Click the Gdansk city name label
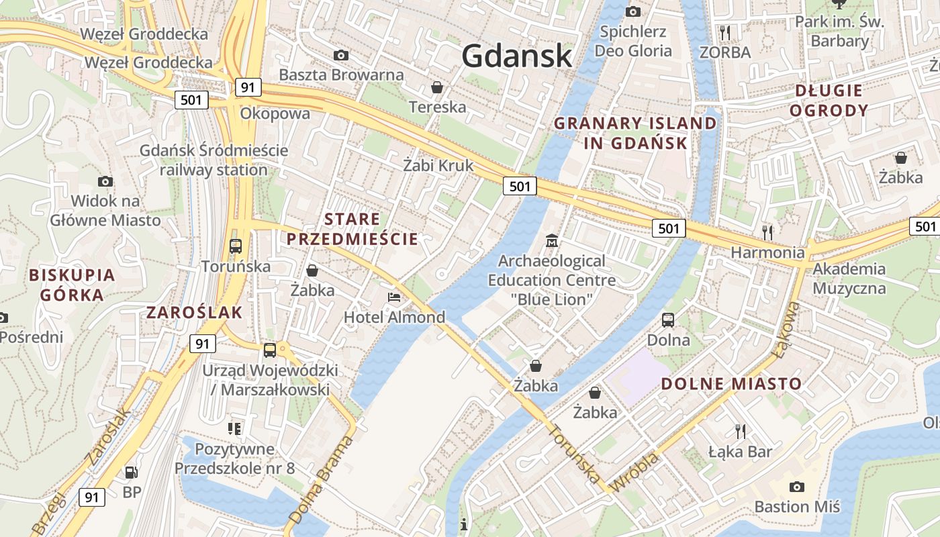[517, 56]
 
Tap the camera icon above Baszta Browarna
[341, 55]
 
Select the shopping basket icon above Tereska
[437, 87]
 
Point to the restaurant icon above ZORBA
[724, 32]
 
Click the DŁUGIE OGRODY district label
[829, 101]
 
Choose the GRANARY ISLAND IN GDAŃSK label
[635, 133]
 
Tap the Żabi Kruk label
[438, 165]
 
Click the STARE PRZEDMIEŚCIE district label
[352, 229]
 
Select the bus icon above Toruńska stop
[236, 246]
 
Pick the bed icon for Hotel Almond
[394, 297]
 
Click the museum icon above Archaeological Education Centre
[552, 240]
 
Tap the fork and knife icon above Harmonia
[767, 232]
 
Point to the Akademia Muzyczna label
[849, 279]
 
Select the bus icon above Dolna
[668, 320]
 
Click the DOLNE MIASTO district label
[731, 384]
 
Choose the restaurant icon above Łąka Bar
[741, 431]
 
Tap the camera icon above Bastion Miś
[797, 487]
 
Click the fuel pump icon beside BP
[132, 473]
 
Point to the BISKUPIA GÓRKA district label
[72, 285]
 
